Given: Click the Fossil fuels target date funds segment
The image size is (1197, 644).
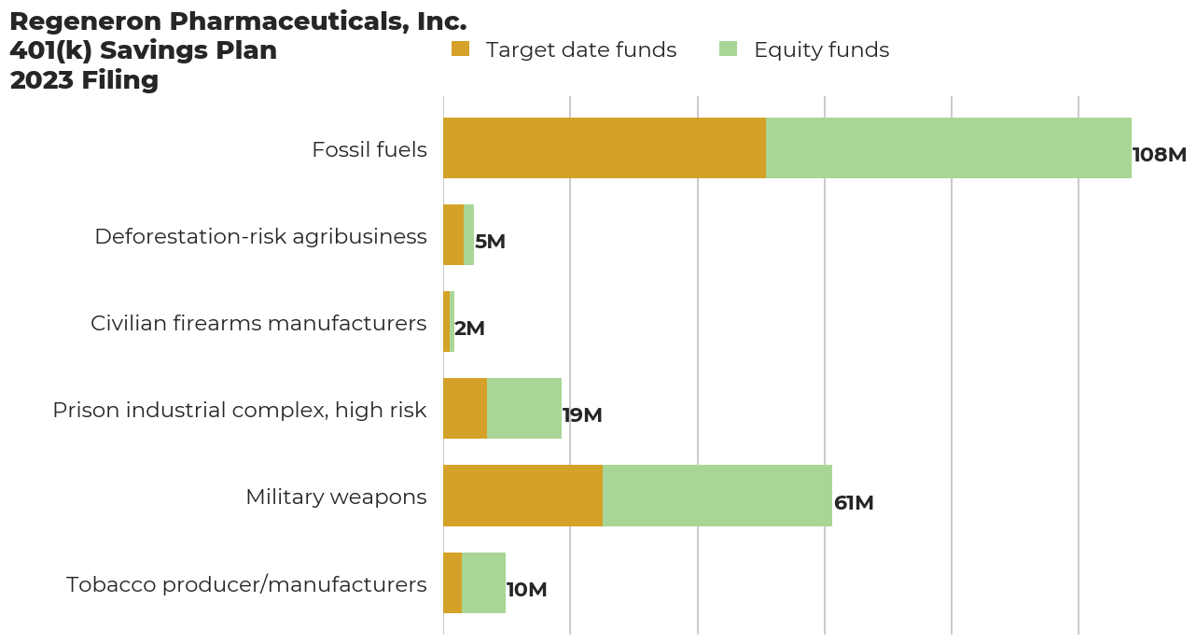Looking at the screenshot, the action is [605, 148].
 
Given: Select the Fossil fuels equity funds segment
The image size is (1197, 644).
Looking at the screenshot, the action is [949, 148].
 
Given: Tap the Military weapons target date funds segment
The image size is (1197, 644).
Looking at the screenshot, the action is [523, 496].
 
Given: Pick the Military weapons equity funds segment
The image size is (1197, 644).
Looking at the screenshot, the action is [717, 496].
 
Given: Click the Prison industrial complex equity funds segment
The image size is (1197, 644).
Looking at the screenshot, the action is [524, 408].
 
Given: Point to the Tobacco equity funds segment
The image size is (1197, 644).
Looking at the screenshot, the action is [483, 582].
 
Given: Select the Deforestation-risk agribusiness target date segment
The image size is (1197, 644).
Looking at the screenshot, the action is [453, 234].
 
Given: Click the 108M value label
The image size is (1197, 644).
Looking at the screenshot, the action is [1159, 154].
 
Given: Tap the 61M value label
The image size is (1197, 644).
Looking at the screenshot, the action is [854, 503].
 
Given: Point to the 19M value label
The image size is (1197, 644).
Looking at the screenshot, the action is [582, 415].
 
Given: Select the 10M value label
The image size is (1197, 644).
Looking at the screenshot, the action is [527, 590].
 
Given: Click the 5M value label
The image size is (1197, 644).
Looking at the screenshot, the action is [490, 242].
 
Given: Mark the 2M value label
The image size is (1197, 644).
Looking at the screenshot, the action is [469, 329].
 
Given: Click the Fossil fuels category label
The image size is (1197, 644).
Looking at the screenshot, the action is [369, 149].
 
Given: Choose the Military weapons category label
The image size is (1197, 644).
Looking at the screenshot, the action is [336, 497].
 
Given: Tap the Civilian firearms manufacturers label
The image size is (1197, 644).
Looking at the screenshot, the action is [258, 323].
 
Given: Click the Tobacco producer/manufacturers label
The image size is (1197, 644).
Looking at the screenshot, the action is [246, 584].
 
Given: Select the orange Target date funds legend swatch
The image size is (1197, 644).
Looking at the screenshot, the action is [460, 49].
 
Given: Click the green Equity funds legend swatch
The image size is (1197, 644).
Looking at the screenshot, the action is [729, 49].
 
